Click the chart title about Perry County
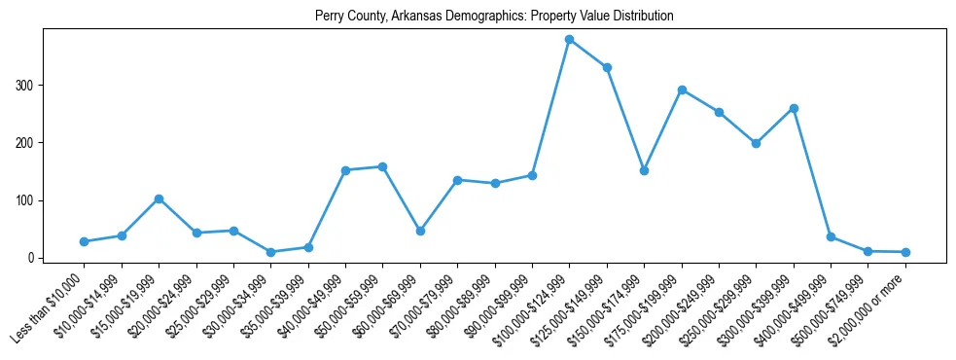[494, 17]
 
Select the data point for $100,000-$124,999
[569, 40]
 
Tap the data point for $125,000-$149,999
[607, 68]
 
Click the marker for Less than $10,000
[84, 241]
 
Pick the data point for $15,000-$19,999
[159, 198]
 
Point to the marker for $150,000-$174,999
[644, 170]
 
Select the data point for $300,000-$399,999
[794, 108]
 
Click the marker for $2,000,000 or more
[905, 252]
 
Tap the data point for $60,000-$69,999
[420, 231]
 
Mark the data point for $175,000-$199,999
[682, 90]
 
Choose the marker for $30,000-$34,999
[270, 252]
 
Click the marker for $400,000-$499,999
[831, 236]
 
